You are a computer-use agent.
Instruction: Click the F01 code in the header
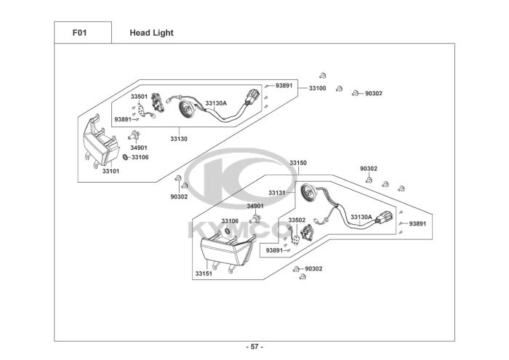pos(79,33)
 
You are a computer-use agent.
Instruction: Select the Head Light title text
pos(151,33)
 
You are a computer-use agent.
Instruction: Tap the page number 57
pos(254,347)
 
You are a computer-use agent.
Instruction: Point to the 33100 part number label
pos(318,88)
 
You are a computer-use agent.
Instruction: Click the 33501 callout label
pos(139,97)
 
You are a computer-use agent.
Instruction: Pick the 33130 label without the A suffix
pos(179,139)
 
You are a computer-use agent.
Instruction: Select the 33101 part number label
pos(111,171)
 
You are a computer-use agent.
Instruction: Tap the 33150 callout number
pos(298,163)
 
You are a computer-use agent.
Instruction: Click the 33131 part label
pos(276,193)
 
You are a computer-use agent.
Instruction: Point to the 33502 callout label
pos(297,220)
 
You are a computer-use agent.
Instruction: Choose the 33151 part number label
pos(204,273)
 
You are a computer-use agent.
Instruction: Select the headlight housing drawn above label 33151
pos(228,250)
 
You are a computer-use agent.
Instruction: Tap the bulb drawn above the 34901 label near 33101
pos(134,135)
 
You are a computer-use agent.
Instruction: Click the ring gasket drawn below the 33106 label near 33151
pos(228,231)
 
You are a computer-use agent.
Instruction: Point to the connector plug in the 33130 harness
pos(252,96)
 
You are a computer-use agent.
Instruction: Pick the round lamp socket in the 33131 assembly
pos(308,193)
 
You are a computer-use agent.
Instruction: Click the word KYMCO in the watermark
pos(239,230)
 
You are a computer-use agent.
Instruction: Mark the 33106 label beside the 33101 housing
pos(140,157)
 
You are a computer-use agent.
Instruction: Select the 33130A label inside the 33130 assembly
pos(216,103)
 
